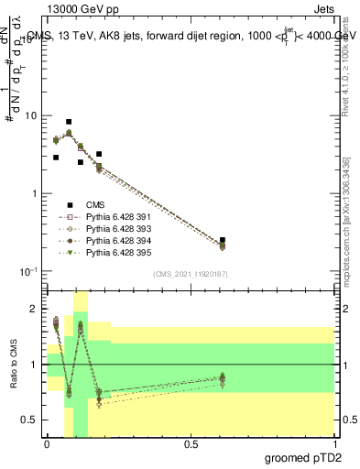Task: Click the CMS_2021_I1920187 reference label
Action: point(190,274)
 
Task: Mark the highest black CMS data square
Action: point(69,122)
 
